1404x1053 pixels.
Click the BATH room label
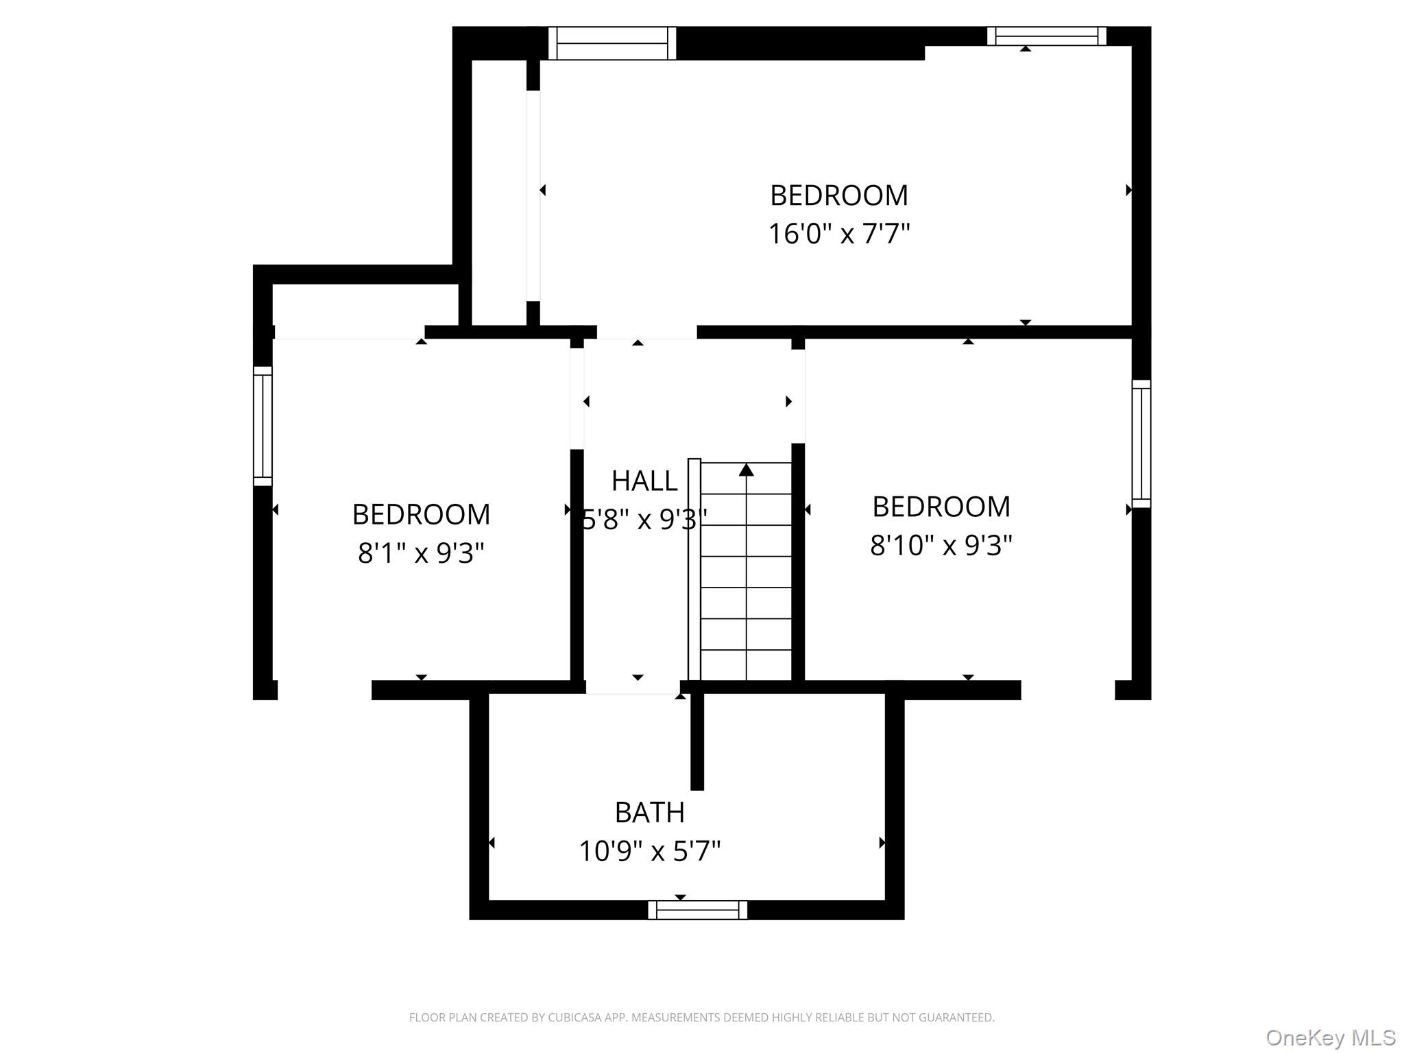[x=649, y=812]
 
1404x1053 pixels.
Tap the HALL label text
[x=644, y=481]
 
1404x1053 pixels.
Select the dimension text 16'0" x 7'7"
[x=838, y=234]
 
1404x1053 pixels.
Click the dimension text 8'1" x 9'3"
[x=421, y=553]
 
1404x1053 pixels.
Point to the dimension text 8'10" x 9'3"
[x=941, y=546]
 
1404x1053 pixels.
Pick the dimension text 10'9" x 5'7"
[x=649, y=851]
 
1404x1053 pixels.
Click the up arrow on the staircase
[x=746, y=470]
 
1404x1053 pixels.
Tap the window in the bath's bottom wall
[x=697, y=910]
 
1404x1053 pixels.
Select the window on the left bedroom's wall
[x=263, y=426]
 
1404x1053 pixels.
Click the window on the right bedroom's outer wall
[x=1141, y=444]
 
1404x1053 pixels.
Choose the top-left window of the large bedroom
[x=612, y=43]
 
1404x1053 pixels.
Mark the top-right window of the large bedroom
[x=1046, y=36]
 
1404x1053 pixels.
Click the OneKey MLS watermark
[x=1329, y=1037]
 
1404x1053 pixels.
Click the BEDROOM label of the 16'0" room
[x=838, y=195]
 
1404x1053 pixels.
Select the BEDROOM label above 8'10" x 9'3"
[x=941, y=507]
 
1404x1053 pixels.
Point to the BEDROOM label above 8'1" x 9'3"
[x=421, y=514]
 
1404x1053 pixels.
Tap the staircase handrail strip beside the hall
[x=694, y=569]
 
